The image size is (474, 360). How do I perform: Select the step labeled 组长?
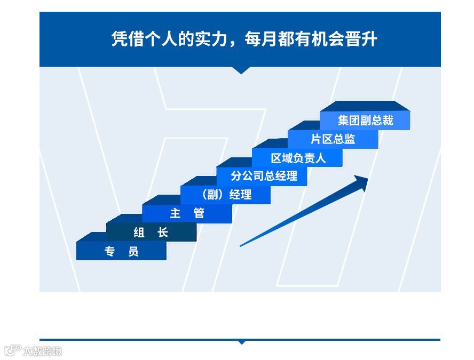[x=151, y=233]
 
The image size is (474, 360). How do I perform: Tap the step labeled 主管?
[x=187, y=214]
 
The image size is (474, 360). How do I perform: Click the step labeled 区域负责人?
[x=298, y=158]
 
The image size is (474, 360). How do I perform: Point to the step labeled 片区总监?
[x=333, y=140]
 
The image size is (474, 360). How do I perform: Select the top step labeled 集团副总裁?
[x=365, y=121]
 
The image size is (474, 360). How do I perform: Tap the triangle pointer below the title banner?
[x=241, y=70]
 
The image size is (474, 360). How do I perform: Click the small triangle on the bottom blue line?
[x=242, y=342]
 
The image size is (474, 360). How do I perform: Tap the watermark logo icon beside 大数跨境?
[x=12, y=350]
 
